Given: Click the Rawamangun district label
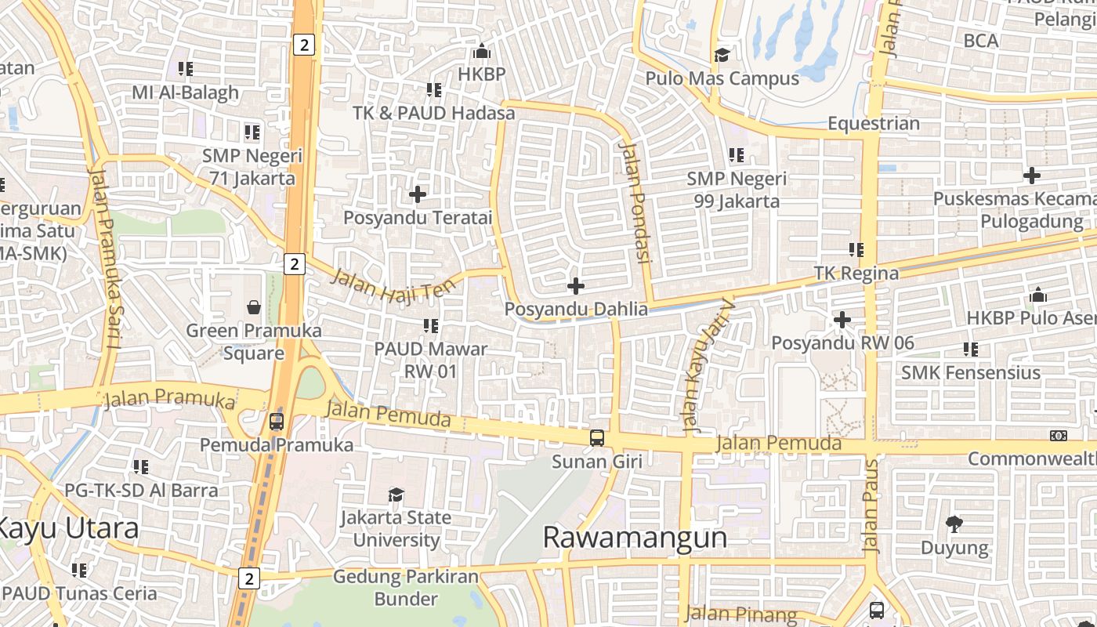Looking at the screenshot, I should pyautogui.click(x=635, y=538).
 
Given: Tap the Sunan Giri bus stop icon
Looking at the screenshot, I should pyautogui.click(x=597, y=438).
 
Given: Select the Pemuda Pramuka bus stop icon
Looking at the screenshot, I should pyautogui.click(x=276, y=422).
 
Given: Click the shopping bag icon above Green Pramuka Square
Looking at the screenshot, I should pyautogui.click(x=254, y=306).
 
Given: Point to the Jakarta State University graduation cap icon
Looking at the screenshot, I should pyautogui.click(x=396, y=495).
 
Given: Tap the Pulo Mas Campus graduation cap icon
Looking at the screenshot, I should pyautogui.click(x=721, y=55).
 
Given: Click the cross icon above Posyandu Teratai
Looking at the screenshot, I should pyautogui.click(x=418, y=194).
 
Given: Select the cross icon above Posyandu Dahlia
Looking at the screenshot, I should pyautogui.click(x=576, y=286).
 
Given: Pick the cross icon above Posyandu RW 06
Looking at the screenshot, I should pyautogui.click(x=842, y=320).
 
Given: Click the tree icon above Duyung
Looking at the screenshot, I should pyautogui.click(x=954, y=523).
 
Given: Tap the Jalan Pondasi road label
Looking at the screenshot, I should pyautogui.click(x=635, y=201).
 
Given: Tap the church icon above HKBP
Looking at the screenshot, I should pyautogui.click(x=482, y=52).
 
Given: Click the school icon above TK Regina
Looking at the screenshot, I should pyautogui.click(x=856, y=250).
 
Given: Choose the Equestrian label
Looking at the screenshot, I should pyautogui.click(x=874, y=124).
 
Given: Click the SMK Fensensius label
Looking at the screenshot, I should pyautogui.click(x=971, y=372).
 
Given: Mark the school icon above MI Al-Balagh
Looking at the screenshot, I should pyautogui.click(x=185, y=69).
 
